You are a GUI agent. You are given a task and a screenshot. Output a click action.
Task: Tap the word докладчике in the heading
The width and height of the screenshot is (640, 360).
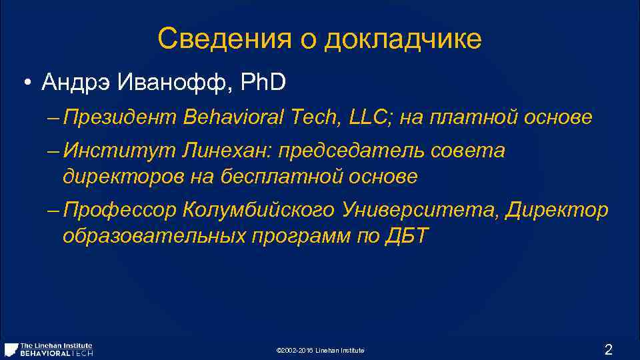click(x=403, y=39)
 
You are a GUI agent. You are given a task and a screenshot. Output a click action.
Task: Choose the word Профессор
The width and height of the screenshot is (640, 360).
click(x=121, y=211)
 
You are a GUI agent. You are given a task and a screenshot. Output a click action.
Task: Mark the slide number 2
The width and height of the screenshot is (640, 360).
click(x=607, y=349)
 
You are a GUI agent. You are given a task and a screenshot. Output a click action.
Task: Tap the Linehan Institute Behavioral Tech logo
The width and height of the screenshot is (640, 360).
click(x=49, y=349)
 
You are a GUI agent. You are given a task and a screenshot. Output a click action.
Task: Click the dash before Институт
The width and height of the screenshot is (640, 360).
click(x=53, y=152)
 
